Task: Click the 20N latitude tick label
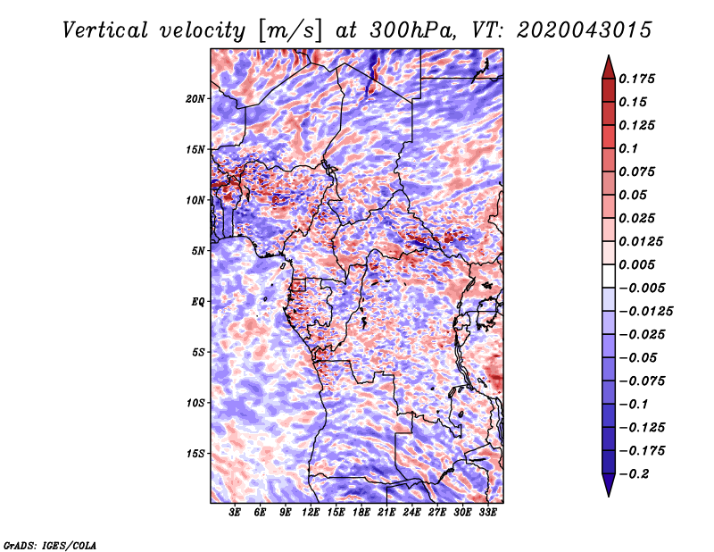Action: [195, 98]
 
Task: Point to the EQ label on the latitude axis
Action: [198, 302]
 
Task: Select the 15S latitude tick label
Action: [195, 454]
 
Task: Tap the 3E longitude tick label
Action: [235, 513]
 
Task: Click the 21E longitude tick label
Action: [386, 513]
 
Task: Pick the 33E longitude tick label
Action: [487, 513]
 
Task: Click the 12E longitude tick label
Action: [310, 513]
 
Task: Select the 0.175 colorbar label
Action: [636, 79]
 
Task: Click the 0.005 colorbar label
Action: [636, 264]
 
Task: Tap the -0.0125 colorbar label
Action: [645, 312]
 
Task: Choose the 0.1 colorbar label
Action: [628, 148]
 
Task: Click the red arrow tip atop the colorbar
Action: [609, 56]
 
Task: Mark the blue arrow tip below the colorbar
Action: [609, 495]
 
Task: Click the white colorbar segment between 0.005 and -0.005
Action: [609, 276]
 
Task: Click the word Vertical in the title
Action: [105, 30]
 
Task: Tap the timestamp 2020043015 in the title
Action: [585, 30]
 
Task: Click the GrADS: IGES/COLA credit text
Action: [50, 545]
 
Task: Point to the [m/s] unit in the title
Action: [290, 30]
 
